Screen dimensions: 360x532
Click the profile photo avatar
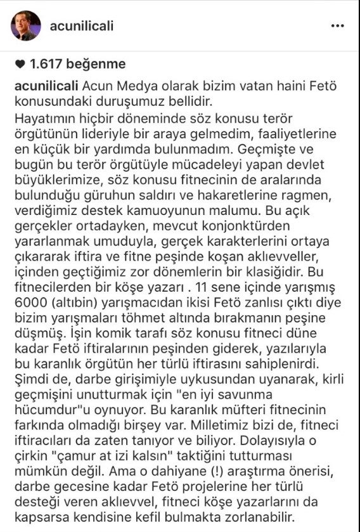click(x=25, y=26)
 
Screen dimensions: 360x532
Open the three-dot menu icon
click(x=338, y=26)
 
